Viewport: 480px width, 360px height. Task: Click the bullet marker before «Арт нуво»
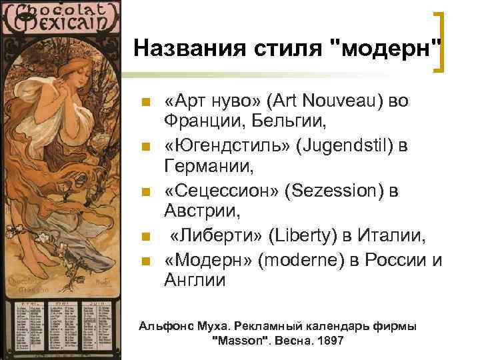click(x=145, y=101)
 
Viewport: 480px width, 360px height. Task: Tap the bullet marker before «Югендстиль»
click(x=145, y=145)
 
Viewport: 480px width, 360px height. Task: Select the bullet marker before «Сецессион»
click(x=145, y=191)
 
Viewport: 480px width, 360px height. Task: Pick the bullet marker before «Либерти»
click(x=145, y=235)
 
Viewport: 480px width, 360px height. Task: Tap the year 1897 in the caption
click(x=330, y=341)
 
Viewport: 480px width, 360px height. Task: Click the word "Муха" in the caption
click(x=214, y=327)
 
